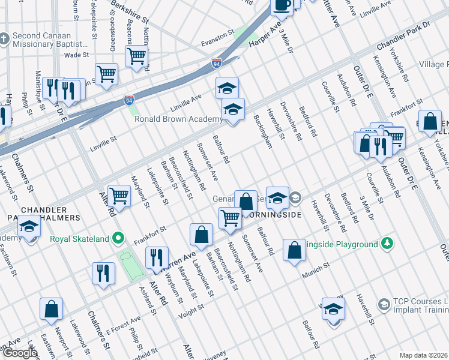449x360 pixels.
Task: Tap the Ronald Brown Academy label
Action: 178,119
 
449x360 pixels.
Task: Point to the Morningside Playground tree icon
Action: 387,244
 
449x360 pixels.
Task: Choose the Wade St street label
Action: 76,55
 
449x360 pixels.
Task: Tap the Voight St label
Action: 192,308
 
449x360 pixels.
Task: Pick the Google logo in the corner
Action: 19,353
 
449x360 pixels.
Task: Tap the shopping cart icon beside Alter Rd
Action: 119,196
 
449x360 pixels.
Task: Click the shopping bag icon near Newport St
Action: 52,308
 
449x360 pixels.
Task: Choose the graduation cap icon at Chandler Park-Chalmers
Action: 28,227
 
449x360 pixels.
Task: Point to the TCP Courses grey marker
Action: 384,304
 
